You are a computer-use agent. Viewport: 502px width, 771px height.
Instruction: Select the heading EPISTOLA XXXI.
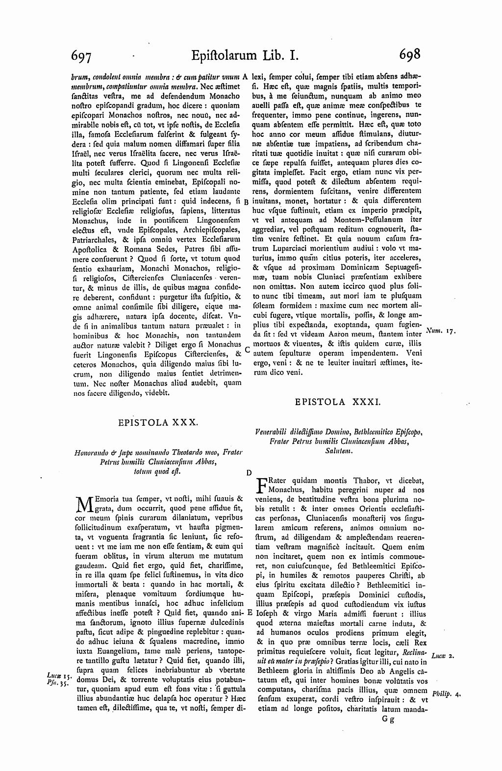338,402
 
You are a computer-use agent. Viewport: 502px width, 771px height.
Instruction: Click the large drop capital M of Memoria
85,504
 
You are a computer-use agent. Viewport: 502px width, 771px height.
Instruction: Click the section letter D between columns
249,473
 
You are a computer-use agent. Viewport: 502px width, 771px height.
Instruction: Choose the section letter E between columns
249,613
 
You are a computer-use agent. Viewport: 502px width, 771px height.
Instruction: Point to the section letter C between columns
247,350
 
